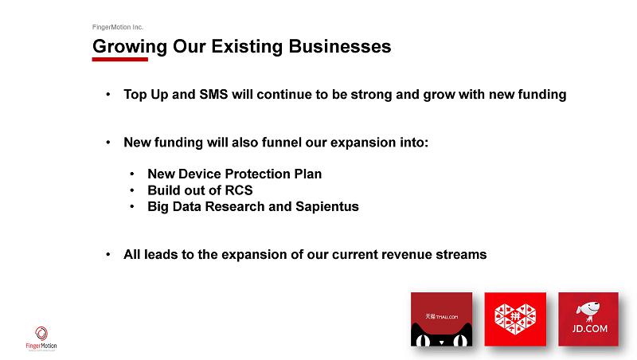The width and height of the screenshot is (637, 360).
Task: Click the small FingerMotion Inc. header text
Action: pos(117,27)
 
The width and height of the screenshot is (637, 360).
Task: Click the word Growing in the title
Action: pos(130,47)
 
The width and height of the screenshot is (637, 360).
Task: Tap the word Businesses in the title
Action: pos(340,46)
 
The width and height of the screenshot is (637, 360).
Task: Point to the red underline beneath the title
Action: pos(120,59)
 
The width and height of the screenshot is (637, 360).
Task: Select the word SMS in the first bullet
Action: pos(213,94)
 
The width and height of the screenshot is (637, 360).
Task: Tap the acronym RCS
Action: pos(239,190)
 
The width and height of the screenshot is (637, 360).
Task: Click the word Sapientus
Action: pos(327,207)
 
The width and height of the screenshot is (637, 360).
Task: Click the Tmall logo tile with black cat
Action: pos(442,319)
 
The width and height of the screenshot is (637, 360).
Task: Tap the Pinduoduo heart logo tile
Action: pos(515,319)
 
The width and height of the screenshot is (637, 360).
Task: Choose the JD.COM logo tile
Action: pos(588,319)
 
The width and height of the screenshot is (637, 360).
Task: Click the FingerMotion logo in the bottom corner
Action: pos(41,338)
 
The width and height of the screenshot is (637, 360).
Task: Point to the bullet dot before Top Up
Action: pos(108,95)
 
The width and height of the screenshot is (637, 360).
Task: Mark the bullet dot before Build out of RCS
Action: pos(132,190)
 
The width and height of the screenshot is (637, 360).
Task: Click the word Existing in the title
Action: pos(247,47)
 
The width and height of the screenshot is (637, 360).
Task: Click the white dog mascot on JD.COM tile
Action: pos(588,311)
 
